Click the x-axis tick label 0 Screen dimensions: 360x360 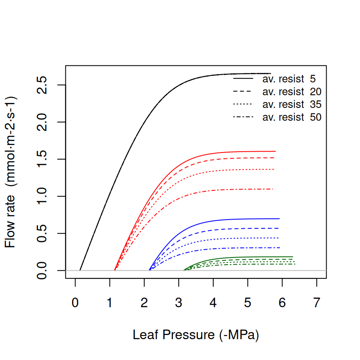coord(75,303)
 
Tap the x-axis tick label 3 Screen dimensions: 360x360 coord(179,303)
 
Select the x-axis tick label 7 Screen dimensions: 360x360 coord(317,303)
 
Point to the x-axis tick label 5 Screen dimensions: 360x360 coord(248,303)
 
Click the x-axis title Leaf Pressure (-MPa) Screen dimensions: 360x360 coord(196,335)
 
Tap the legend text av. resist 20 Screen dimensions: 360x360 coord(292,91)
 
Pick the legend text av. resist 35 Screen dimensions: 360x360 coord(292,104)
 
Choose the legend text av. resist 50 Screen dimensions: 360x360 coord(292,117)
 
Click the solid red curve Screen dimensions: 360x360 coord(233,152)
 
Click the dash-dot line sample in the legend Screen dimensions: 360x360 coord(243,117)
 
